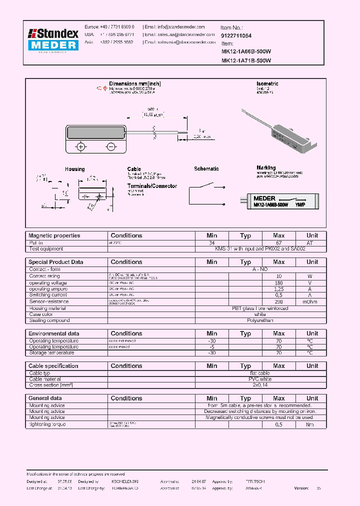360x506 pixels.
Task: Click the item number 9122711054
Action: (x=236, y=36)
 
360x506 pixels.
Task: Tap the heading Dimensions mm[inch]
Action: (x=135, y=84)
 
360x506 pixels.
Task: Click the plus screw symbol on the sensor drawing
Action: (x=80, y=146)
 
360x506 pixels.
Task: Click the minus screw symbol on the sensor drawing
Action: (x=110, y=146)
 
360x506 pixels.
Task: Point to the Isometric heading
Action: (x=267, y=84)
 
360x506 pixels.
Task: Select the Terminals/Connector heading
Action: (x=152, y=186)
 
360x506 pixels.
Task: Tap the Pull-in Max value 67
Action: (x=279, y=242)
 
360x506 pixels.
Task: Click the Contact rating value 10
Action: (x=279, y=276)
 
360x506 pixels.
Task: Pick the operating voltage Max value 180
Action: (x=279, y=283)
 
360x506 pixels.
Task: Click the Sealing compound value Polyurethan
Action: (x=260, y=320)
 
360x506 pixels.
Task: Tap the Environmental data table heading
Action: (x=53, y=333)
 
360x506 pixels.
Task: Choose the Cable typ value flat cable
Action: (x=260, y=373)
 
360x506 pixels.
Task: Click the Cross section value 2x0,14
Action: (x=260, y=385)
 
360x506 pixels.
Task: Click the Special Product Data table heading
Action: (x=55, y=262)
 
